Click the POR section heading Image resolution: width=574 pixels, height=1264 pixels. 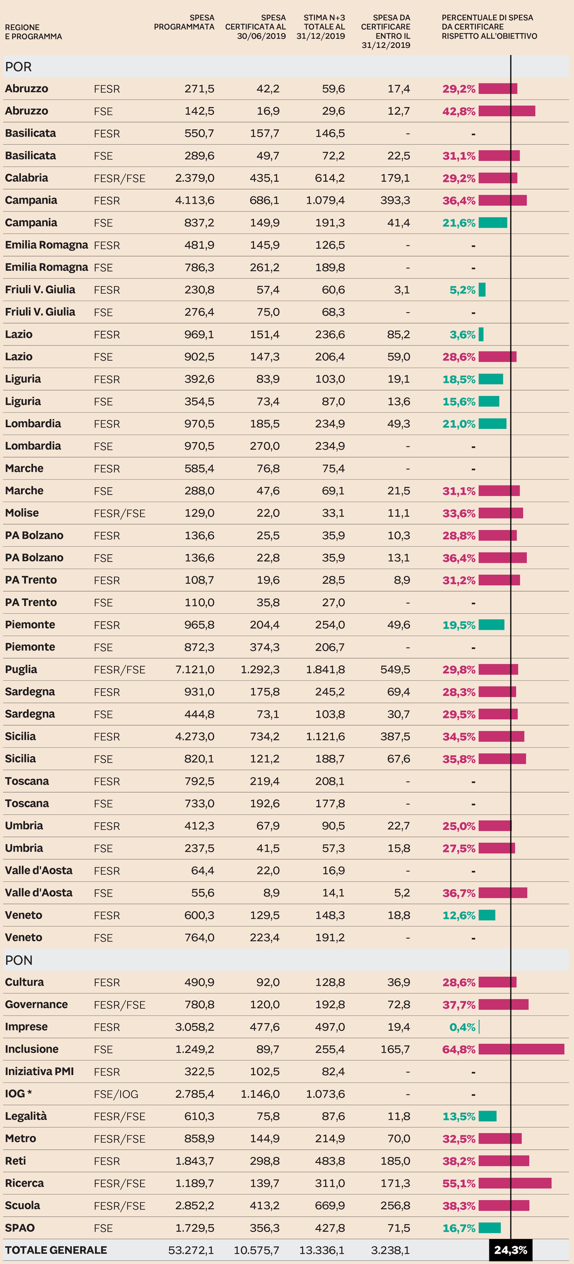pos(19,67)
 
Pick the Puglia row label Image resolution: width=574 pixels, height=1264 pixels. pos(21,669)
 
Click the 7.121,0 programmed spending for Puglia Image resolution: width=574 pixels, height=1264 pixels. pos(195,669)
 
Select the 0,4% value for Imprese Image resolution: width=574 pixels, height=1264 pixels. pos(462,1027)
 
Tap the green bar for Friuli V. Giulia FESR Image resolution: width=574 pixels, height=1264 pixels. pos(482,290)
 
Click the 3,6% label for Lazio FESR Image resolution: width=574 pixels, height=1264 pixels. pos(462,335)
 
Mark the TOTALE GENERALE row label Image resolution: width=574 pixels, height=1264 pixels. pos(56,1250)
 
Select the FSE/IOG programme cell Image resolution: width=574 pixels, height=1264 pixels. pos(116,1094)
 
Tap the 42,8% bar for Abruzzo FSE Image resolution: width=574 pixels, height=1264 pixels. pos(507,111)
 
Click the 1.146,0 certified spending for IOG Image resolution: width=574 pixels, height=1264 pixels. pos(260,1094)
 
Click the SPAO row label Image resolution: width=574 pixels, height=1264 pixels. pos(20,1228)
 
